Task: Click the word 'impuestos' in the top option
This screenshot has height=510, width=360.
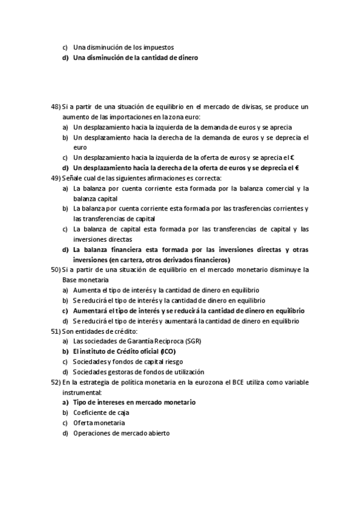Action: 159,47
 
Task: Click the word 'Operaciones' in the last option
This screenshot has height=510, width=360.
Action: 94,434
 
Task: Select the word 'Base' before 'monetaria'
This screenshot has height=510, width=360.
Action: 70,280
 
